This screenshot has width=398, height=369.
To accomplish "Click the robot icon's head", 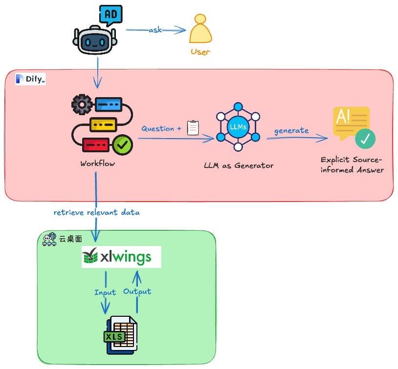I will click(x=96, y=41).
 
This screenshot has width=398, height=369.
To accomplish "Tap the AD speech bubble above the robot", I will click(x=111, y=15).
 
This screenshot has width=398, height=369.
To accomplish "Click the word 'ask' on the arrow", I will click(x=155, y=30).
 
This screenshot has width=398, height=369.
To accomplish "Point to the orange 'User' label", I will click(x=200, y=52).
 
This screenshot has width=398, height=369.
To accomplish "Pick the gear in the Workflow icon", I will click(x=82, y=104).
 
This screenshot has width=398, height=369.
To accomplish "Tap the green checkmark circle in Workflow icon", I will click(x=122, y=145).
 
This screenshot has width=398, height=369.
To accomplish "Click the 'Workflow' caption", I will click(x=98, y=164).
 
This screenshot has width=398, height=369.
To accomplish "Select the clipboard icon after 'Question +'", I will click(x=193, y=128).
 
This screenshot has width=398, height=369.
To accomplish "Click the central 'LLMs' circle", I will click(x=238, y=126).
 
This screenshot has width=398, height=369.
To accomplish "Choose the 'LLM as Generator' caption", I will click(x=239, y=165).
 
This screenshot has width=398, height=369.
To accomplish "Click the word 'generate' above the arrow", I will click(x=291, y=130).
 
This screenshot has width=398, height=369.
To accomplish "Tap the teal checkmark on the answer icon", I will click(x=365, y=139).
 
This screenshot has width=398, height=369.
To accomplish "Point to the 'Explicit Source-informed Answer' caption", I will click(x=352, y=165).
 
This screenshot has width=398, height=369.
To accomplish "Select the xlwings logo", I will click(x=121, y=257).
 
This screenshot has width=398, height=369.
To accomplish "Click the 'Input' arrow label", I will click(x=105, y=292).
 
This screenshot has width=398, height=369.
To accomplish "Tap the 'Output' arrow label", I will click(x=137, y=291).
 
